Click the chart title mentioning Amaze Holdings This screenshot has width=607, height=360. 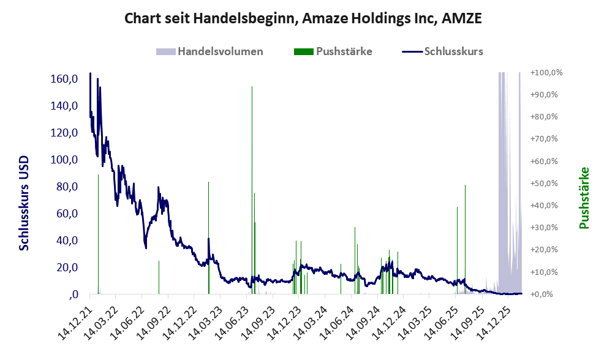[303, 18]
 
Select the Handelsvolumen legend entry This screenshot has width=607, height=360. [220, 51]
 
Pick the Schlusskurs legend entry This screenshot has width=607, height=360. [453, 51]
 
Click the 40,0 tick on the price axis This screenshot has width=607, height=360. [66, 241]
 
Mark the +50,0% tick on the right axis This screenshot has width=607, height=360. [548, 184]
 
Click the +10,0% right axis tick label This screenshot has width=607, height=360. [548, 272]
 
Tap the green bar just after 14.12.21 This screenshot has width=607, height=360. [98, 233]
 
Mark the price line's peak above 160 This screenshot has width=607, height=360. [90, 73]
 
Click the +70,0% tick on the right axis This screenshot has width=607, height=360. [548, 139]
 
